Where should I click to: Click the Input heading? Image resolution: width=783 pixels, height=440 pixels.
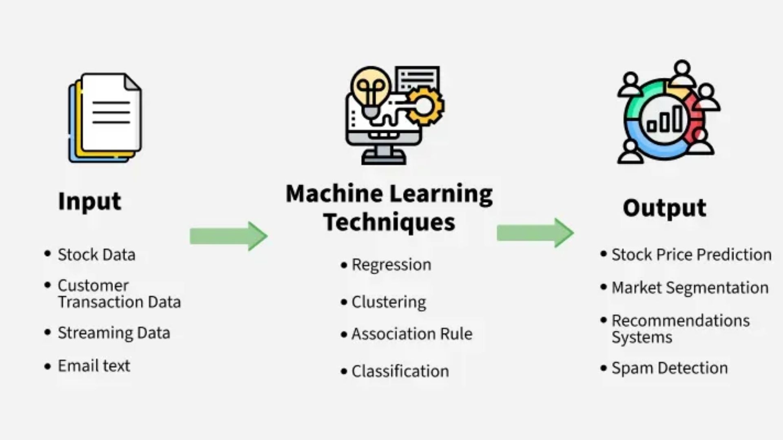point(90,201)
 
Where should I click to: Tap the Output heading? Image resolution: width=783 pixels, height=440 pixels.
point(664,208)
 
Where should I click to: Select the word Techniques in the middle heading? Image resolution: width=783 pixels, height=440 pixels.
point(389,222)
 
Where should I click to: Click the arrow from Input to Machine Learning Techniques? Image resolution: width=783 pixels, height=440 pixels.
point(228,236)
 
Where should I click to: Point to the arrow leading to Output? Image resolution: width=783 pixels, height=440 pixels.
point(535,233)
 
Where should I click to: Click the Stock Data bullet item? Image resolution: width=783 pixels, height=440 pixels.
point(96,255)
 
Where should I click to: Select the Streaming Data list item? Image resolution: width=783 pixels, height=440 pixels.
point(114,333)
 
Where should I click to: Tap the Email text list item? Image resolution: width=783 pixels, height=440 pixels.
point(94,366)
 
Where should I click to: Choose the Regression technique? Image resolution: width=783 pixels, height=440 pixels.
point(391,265)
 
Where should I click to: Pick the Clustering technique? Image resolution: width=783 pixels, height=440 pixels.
point(389,302)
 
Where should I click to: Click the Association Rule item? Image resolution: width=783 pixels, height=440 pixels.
point(412,334)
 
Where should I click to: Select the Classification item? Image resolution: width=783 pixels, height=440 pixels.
point(400,372)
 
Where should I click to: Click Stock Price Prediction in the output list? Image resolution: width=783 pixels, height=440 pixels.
point(691,255)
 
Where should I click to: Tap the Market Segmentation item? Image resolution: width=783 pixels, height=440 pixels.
point(690,288)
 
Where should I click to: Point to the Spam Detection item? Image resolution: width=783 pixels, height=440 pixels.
point(670,368)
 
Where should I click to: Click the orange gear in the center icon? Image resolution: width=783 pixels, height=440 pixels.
point(425,106)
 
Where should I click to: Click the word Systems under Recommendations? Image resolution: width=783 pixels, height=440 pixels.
point(642,338)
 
